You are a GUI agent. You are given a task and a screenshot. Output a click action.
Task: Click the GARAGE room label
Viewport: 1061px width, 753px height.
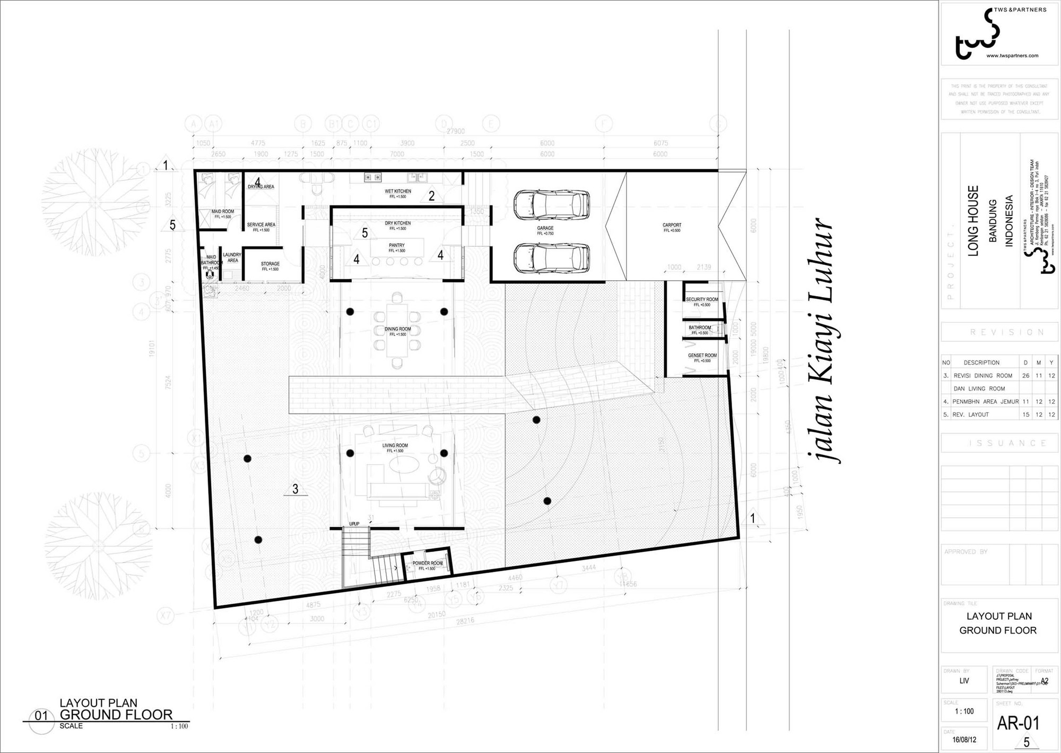(x=545, y=228)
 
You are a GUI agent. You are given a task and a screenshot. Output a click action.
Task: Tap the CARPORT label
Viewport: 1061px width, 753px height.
(x=672, y=225)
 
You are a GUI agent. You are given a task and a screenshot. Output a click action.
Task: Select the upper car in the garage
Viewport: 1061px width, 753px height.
(x=551, y=204)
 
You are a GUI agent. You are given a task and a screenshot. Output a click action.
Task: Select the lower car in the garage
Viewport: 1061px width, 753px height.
(x=551, y=258)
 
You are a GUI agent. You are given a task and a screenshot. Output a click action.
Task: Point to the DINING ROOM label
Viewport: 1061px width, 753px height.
(x=397, y=329)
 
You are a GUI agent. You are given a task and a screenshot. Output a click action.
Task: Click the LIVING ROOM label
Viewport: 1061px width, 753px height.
(x=395, y=446)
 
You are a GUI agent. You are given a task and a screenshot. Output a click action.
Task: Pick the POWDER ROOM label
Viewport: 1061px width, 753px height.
(x=427, y=564)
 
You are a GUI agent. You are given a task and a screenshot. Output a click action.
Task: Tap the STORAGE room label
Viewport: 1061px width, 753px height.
(x=270, y=264)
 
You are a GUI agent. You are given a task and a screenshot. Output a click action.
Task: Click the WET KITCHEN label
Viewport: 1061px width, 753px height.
(x=398, y=191)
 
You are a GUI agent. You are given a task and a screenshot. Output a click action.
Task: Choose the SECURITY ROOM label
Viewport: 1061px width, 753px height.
(x=702, y=300)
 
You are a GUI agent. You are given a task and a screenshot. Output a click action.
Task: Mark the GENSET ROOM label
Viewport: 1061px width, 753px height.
(x=702, y=356)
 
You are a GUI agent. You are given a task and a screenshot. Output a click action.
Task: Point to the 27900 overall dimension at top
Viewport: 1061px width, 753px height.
(x=456, y=131)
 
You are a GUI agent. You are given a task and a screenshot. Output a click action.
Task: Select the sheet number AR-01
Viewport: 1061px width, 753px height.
(x=1018, y=723)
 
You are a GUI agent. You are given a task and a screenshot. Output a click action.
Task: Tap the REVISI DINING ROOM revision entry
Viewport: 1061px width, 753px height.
(x=983, y=376)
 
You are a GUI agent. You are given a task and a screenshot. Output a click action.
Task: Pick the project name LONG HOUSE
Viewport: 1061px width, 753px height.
(x=973, y=221)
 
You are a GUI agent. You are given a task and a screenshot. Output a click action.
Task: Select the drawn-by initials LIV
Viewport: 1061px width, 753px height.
(x=964, y=681)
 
